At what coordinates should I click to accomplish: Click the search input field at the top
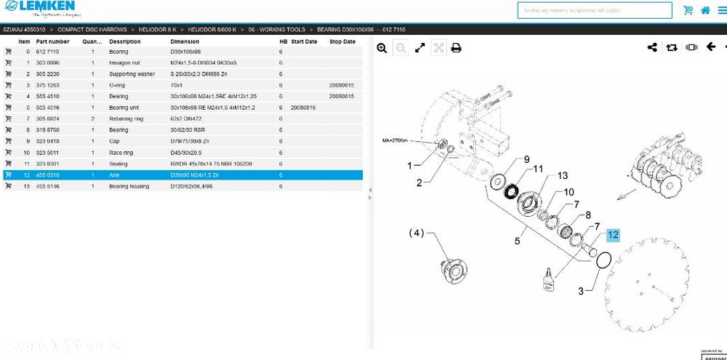coord(595,10)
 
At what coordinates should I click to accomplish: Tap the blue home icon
coord(704,10)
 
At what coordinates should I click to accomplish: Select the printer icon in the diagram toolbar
coord(456,48)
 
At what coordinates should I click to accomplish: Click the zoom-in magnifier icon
coord(382,48)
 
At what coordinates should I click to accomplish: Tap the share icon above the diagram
coord(652,48)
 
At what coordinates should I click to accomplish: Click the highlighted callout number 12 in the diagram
coord(613,234)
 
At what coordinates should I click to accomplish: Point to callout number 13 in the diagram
coord(562,176)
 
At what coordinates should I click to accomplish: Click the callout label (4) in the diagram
coord(416,233)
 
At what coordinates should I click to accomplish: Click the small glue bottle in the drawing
coord(548,279)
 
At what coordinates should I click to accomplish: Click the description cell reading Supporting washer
coord(132,74)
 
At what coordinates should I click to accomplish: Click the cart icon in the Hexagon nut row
coord(8,63)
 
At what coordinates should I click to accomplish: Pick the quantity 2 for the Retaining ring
coord(92,119)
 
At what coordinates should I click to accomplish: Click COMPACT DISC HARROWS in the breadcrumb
coord(92,30)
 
